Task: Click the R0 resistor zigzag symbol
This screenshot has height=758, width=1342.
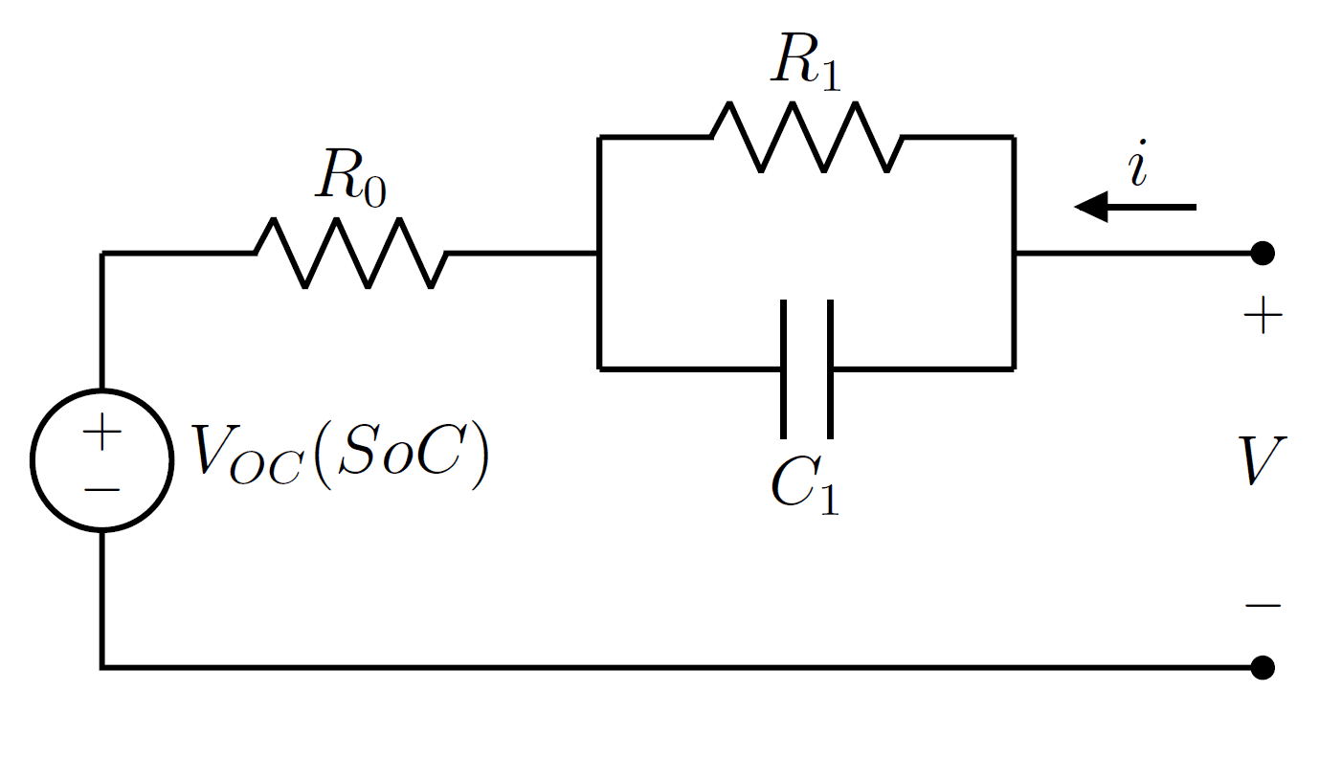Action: (x=350, y=253)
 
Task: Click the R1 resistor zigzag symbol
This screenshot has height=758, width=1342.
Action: (x=806, y=137)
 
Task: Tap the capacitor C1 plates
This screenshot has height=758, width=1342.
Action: (x=806, y=368)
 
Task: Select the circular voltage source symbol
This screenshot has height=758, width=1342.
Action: (x=102, y=459)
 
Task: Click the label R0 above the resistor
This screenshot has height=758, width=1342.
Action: (x=350, y=178)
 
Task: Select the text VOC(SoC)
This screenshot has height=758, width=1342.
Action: (x=340, y=457)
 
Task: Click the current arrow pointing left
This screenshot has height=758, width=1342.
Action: (x=1134, y=207)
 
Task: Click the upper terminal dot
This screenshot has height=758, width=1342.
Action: (x=1263, y=253)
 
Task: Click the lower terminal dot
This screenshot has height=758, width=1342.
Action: (x=1263, y=666)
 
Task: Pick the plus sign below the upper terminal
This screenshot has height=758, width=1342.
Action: (x=1263, y=317)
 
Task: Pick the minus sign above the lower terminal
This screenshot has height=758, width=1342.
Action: (x=1263, y=605)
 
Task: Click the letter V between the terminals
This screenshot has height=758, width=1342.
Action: (x=1261, y=461)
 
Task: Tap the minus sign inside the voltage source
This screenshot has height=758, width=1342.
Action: (x=102, y=489)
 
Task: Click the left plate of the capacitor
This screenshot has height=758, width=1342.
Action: (x=784, y=368)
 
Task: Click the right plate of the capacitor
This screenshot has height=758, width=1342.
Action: (x=829, y=368)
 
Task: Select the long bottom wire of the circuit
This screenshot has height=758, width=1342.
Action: (x=670, y=666)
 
